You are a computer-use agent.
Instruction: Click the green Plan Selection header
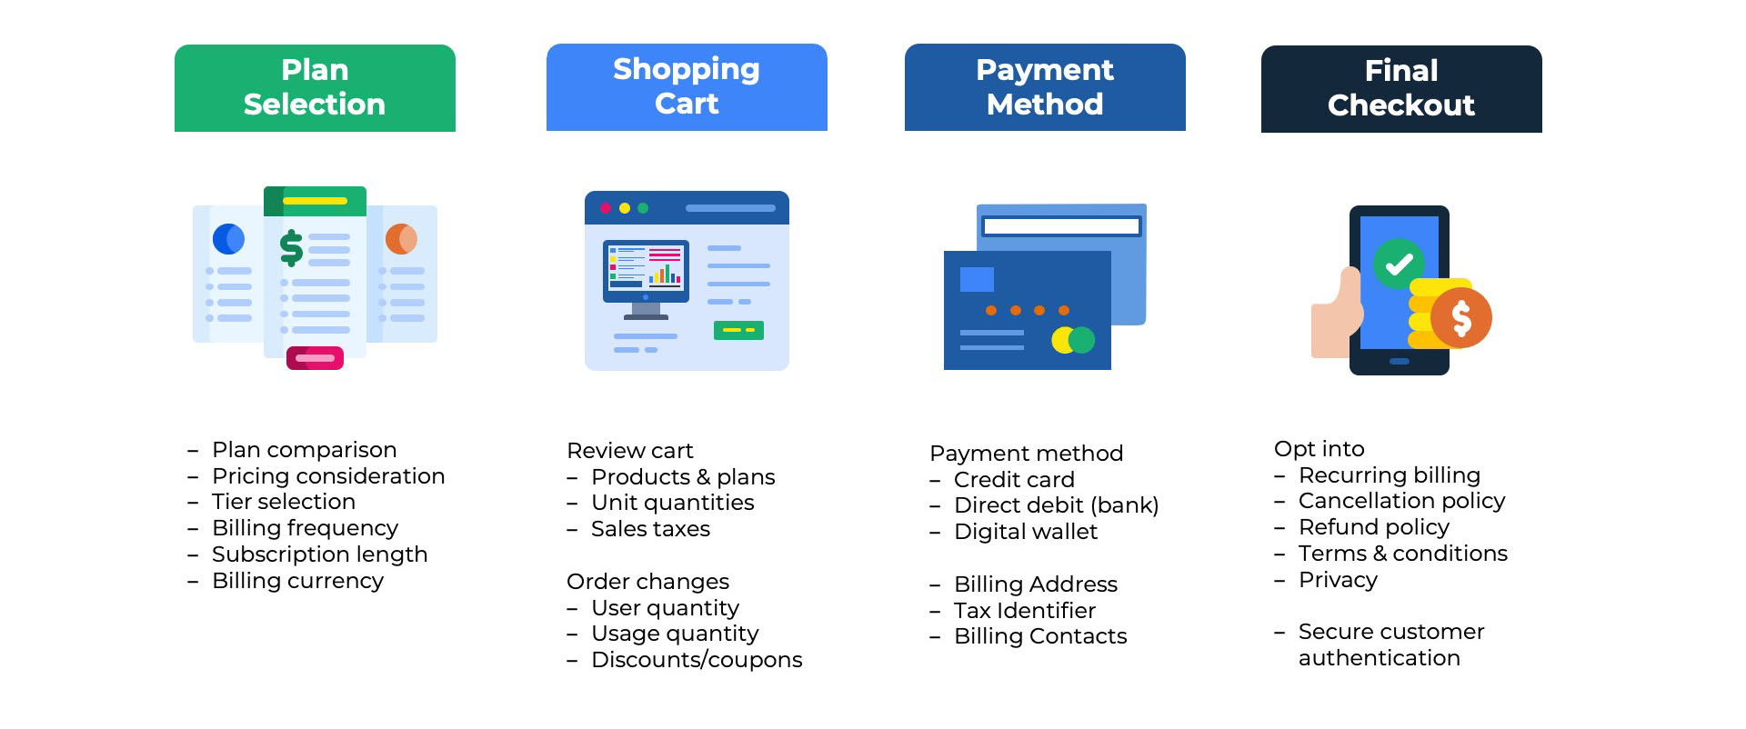tap(315, 88)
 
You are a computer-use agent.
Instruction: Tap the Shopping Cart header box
tap(687, 87)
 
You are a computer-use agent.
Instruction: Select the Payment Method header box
tap(1045, 87)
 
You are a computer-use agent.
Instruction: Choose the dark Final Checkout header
tap(1401, 89)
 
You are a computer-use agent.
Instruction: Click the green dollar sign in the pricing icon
tap(291, 247)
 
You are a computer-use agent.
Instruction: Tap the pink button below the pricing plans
tap(315, 358)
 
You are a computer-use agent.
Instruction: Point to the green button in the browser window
tap(738, 330)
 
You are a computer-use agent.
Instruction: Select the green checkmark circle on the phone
tap(1399, 265)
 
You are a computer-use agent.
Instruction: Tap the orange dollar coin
tap(1461, 318)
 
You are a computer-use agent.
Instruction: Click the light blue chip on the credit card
tap(977, 279)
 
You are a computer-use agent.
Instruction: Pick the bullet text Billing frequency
tap(305, 528)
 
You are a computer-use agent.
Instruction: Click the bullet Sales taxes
tap(650, 529)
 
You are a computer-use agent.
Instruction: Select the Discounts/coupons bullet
tap(697, 660)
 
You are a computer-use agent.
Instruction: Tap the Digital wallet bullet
tap(1025, 532)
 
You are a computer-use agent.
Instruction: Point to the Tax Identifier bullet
tap(1024, 611)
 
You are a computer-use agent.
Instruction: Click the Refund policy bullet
tap(1373, 527)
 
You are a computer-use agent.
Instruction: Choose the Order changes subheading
tap(647, 582)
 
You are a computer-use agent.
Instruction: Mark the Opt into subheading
tap(1319, 449)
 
